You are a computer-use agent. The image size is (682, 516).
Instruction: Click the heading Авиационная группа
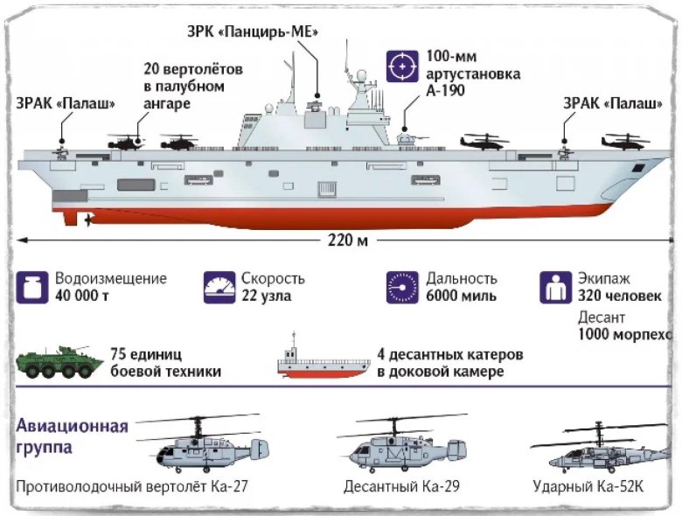pos(72,436)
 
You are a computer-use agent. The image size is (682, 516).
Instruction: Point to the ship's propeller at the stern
pos(87,220)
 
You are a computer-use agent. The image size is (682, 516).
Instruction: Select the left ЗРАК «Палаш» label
pos(64,103)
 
